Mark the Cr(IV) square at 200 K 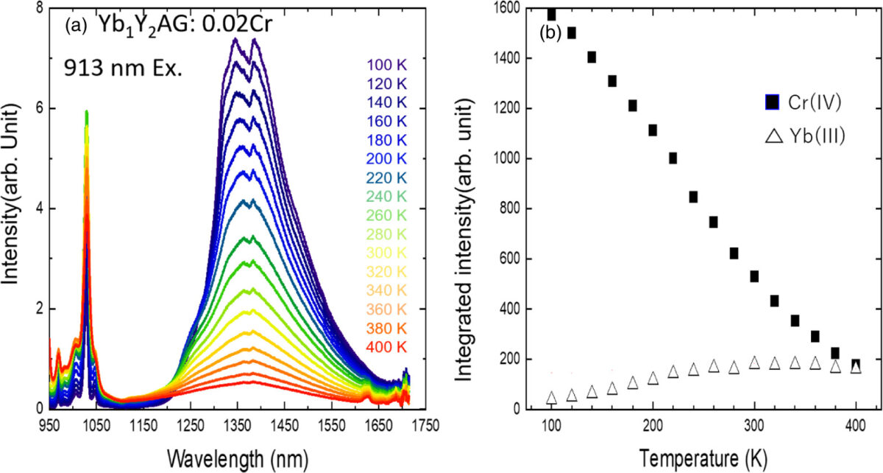click(653, 130)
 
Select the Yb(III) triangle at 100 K click(551, 398)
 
